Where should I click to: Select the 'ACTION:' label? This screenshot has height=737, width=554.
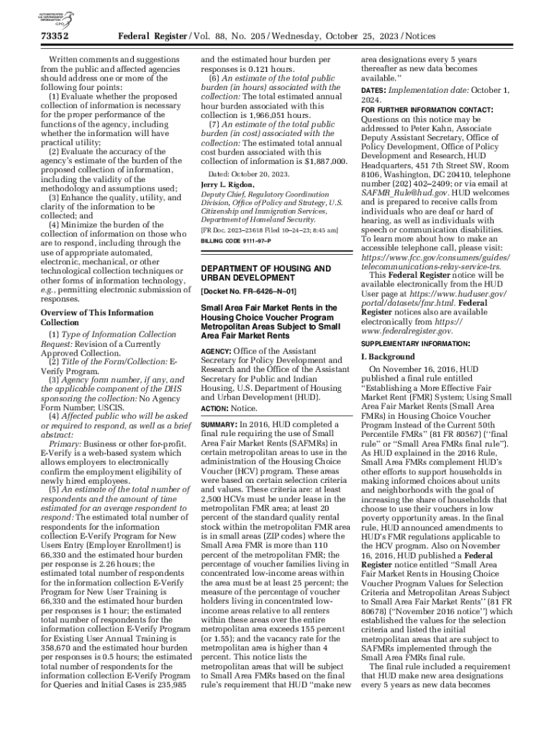(214, 408)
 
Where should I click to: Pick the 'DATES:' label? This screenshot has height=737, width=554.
(373, 89)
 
